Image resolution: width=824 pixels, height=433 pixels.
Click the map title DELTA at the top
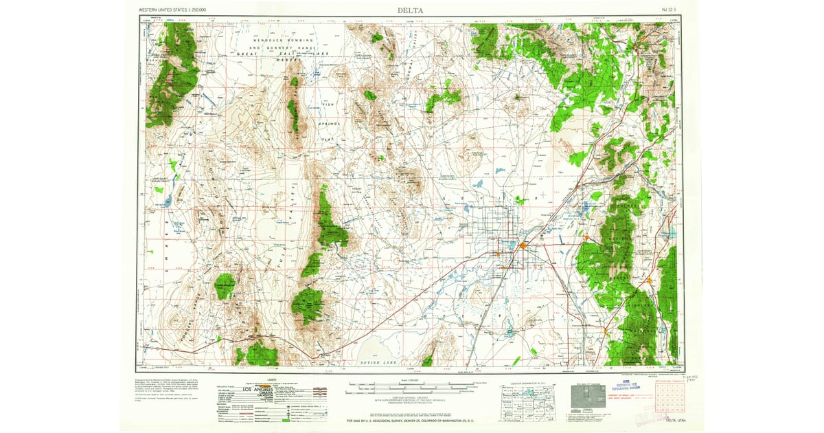[x=411, y=10]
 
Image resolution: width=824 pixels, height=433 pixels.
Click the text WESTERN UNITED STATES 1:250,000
[x=172, y=10]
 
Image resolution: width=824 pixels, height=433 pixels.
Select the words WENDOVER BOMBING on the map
[x=282, y=41]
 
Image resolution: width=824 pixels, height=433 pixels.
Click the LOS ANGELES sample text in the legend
[x=244, y=390]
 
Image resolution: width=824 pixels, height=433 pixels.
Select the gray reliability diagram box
[x=587, y=397]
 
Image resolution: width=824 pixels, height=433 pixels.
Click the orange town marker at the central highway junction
[x=523, y=245]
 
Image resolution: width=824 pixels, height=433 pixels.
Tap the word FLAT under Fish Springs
[x=328, y=138]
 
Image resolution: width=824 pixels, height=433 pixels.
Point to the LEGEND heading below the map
[x=271, y=379]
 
